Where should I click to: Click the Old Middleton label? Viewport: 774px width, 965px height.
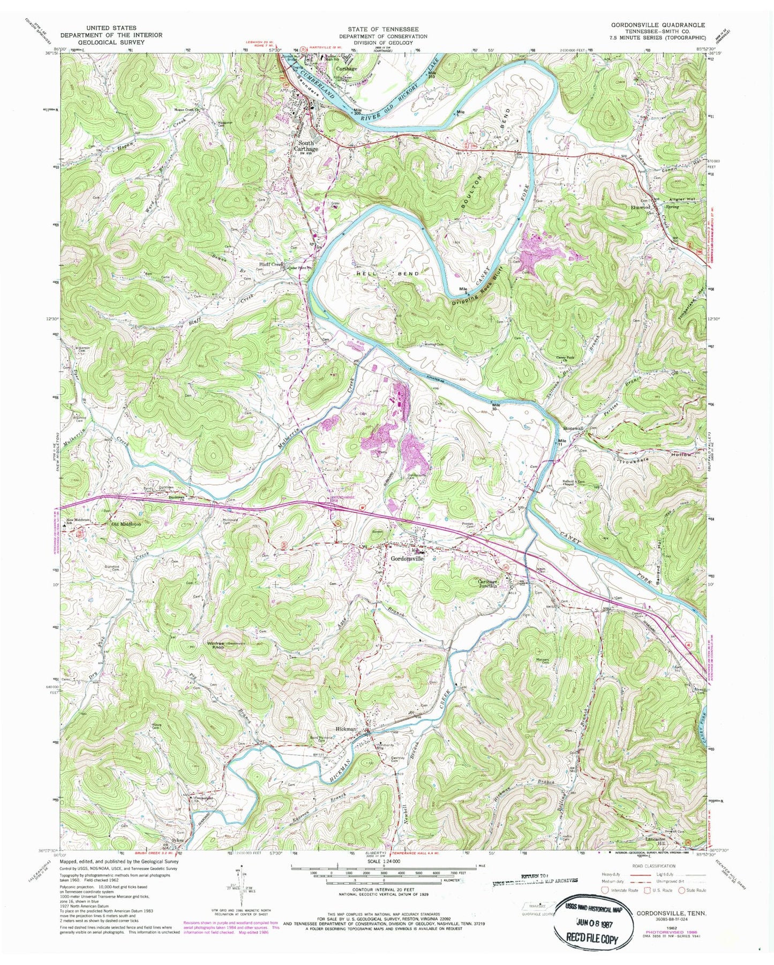coord(125,524)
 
